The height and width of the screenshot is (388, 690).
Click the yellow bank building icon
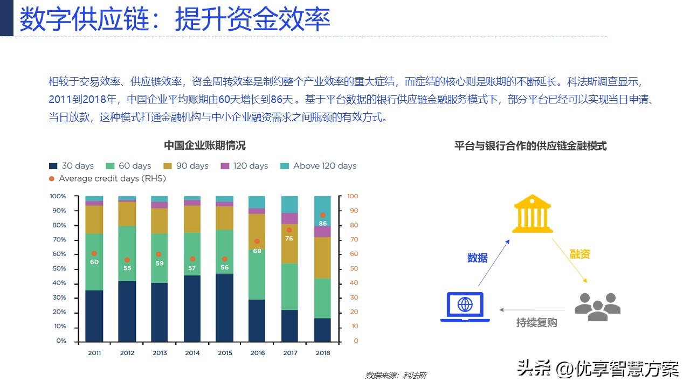532,213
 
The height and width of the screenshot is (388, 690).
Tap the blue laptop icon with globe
465,307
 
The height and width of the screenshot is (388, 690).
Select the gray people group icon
598,307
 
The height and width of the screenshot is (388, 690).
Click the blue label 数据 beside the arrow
478,258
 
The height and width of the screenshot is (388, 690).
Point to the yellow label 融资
579,254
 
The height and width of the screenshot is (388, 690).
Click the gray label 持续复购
536,322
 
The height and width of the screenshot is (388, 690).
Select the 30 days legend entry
72,165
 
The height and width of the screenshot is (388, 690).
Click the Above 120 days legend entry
318,165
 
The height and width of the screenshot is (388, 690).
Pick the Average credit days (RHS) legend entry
107,178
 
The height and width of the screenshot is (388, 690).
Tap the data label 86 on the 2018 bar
322,223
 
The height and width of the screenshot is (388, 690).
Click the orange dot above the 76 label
289,230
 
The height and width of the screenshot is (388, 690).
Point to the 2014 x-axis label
192,353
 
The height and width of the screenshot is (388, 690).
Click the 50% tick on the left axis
59,268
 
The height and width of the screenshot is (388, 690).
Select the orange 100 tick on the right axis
353,196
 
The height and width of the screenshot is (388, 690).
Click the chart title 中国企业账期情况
204,145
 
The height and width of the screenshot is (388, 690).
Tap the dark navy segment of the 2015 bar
225,308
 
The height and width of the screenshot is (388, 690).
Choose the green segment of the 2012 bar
127,253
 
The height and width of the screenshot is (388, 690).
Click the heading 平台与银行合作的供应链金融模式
530,145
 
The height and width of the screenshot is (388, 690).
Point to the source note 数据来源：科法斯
396,376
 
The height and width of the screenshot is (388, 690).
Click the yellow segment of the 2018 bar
322,258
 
